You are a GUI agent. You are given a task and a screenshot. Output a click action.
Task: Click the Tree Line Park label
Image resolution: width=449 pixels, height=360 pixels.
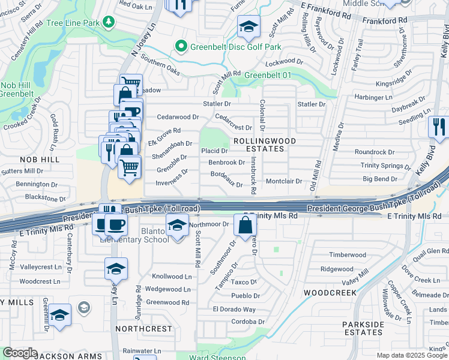[x=73, y=23]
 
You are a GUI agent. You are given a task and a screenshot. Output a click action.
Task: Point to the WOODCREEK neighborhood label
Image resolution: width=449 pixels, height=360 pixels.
[x=330, y=292]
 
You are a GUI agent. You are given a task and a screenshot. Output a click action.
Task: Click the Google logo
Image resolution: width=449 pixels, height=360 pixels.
[x=20, y=353]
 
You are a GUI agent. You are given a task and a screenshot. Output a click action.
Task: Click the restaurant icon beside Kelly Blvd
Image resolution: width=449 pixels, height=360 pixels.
[x=438, y=127]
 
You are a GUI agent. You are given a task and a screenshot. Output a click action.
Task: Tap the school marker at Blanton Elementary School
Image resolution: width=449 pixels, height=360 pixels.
[x=176, y=227]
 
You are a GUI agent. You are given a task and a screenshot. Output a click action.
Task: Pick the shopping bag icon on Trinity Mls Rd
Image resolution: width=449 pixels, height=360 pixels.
[x=246, y=226]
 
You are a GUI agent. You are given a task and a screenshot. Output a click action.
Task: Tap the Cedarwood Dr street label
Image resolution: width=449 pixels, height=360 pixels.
[x=177, y=117]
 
